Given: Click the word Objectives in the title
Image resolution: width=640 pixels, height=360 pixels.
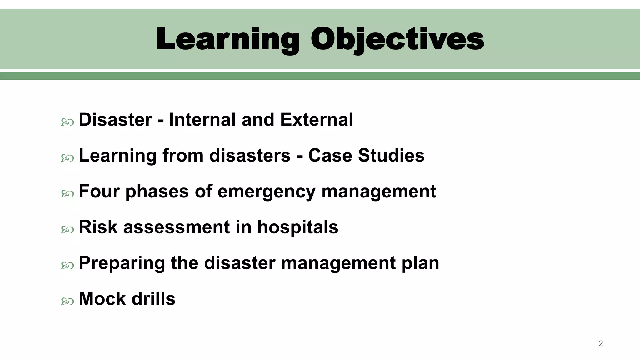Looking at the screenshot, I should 397,39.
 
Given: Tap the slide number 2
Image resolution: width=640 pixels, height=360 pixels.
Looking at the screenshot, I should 601,343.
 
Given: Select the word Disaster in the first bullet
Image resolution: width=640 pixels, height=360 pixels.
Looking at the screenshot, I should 115,120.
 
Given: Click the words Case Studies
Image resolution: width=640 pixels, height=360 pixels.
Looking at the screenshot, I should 366,155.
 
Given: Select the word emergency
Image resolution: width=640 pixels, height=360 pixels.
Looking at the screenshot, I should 266,192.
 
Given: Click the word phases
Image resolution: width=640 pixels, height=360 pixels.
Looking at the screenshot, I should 157,192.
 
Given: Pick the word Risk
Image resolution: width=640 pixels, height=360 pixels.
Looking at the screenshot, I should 98,227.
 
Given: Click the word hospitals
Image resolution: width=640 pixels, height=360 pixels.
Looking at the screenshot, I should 297,227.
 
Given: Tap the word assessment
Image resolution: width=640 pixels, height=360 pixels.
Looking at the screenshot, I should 176,227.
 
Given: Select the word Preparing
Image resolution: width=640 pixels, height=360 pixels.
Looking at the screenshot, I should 122,263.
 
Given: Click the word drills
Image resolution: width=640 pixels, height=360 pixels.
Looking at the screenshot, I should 153,299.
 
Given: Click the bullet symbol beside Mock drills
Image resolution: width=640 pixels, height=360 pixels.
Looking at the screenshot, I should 67,301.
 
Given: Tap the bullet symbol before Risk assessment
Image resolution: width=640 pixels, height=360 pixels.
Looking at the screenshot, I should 67,230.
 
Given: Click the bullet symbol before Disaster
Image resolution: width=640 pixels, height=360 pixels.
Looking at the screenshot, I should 67,122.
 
